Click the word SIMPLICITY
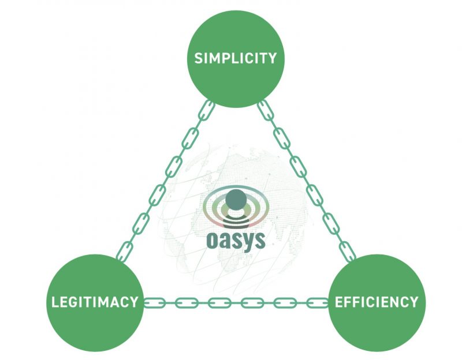pyautogui.click(x=236, y=58)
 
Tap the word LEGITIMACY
pyautogui.click(x=95, y=302)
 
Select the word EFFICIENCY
pyautogui.click(x=376, y=302)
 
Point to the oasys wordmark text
pyautogui.click(x=235, y=238)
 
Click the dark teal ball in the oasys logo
pyautogui.click(x=236, y=200)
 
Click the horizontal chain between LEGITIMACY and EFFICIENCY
pyautogui.click(x=236, y=302)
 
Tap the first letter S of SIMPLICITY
pyautogui.click(x=198, y=58)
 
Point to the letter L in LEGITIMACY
pyautogui.click(x=55, y=302)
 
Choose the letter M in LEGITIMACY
pyautogui.click(x=106, y=302)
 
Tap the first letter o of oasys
pyautogui.click(x=213, y=238)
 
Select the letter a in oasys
pyautogui.click(x=225, y=238)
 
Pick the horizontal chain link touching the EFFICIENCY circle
pyautogui.click(x=319, y=302)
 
